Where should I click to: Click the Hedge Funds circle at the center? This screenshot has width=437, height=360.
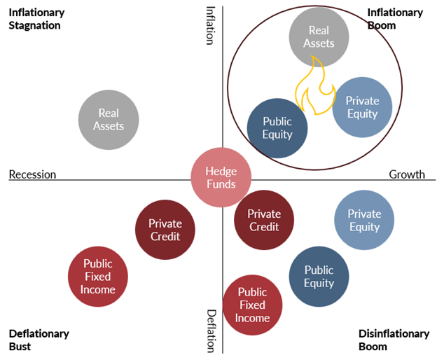coord(221,178)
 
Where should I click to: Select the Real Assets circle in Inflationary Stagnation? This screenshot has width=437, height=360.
coord(109,119)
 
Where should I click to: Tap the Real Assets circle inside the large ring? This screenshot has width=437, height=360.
coord(319,36)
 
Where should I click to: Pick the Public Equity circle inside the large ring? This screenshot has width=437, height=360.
coord(277,127)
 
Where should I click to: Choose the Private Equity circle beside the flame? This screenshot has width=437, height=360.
coord(362,107)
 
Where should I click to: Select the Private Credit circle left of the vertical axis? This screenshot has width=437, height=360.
coord(165,230)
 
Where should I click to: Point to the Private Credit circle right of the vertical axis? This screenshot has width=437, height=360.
coord(264,220)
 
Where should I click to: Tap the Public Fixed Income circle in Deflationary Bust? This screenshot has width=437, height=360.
coord(97,276)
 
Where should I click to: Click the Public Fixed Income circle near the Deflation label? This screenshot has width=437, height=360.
coord(252,305)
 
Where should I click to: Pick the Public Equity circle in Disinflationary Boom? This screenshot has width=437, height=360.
coord(319,276)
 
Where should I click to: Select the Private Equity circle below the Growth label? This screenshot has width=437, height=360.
coord(364,220)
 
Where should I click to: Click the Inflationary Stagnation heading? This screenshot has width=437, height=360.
coord(36,19)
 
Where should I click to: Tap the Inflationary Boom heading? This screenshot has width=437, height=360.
coord(395,19)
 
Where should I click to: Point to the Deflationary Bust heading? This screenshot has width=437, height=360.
coord(39,340)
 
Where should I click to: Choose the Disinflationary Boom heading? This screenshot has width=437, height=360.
coord(394,340)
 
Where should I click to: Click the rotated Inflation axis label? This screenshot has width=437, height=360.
coord(210,25)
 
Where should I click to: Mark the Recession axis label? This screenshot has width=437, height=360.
coord(32,174)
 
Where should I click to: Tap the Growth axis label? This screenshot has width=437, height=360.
coord(407,174)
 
